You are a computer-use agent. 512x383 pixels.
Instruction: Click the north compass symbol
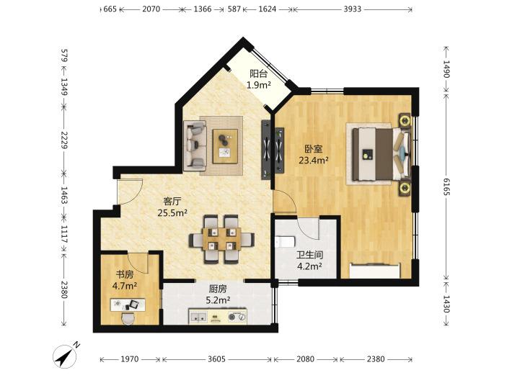click(x=66, y=356)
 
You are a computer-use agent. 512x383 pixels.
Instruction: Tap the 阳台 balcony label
click(x=258, y=73)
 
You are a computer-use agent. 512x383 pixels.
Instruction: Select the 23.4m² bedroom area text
click(x=314, y=160)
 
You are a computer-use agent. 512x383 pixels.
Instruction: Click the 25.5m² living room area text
click(x=172, y=213)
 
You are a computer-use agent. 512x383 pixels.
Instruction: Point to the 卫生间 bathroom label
click(x=309, y=255)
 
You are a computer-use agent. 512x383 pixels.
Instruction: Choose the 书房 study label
click(x=125, y=274)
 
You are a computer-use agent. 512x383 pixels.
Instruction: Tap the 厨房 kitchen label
click(x=218, y=289)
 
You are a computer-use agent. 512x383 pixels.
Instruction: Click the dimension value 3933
click(x=353, y=9)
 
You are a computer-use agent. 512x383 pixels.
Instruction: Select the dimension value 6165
click(x=446, y=186)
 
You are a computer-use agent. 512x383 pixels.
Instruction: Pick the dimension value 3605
click(x=217, y=359)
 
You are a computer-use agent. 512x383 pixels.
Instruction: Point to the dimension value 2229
click(x=64, y=140)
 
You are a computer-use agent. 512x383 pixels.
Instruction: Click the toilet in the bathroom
click(x=285, y=241)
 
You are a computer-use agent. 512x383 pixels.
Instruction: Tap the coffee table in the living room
click(x=225, y=146)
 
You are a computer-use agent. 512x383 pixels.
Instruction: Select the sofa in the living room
click(x=195, y=145)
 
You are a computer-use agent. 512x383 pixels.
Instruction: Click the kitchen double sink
click(x=198, y=317)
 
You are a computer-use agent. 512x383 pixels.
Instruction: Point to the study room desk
click(x=128, y=305)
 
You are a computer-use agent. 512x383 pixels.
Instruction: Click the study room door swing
click(x=138, y=263)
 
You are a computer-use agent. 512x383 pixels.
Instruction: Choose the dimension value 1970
click(x=130, y=359)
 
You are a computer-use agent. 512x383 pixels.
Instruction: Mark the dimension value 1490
click(x=446, y=69)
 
